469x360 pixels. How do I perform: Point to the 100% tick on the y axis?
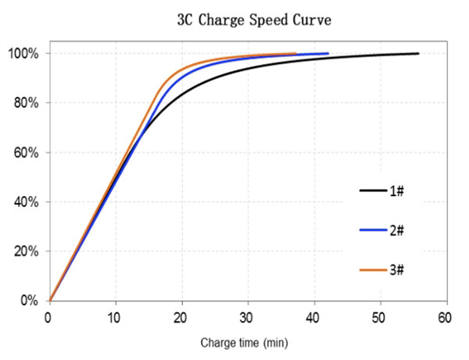pyautogui.click(x=26, y=54)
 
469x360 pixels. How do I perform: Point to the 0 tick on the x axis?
pyautogui.click(x=48, y=318)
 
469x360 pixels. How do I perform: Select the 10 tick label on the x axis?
pyautogui.click(x=115, y=318)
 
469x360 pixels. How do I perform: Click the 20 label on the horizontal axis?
pyautogui.click(x=181, y=318)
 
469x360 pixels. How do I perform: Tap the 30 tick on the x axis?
pyautogui.click(x=248, y=318)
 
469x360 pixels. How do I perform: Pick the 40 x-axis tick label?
pyautogui.click(x=314, y=318)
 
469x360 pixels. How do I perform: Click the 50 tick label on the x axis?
pyautogui.click(x=381, y=318)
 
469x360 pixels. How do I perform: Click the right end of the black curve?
pyautogui.click(x=418, y=53)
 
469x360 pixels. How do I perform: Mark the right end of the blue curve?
pyautogui.click(x=328, y=53)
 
